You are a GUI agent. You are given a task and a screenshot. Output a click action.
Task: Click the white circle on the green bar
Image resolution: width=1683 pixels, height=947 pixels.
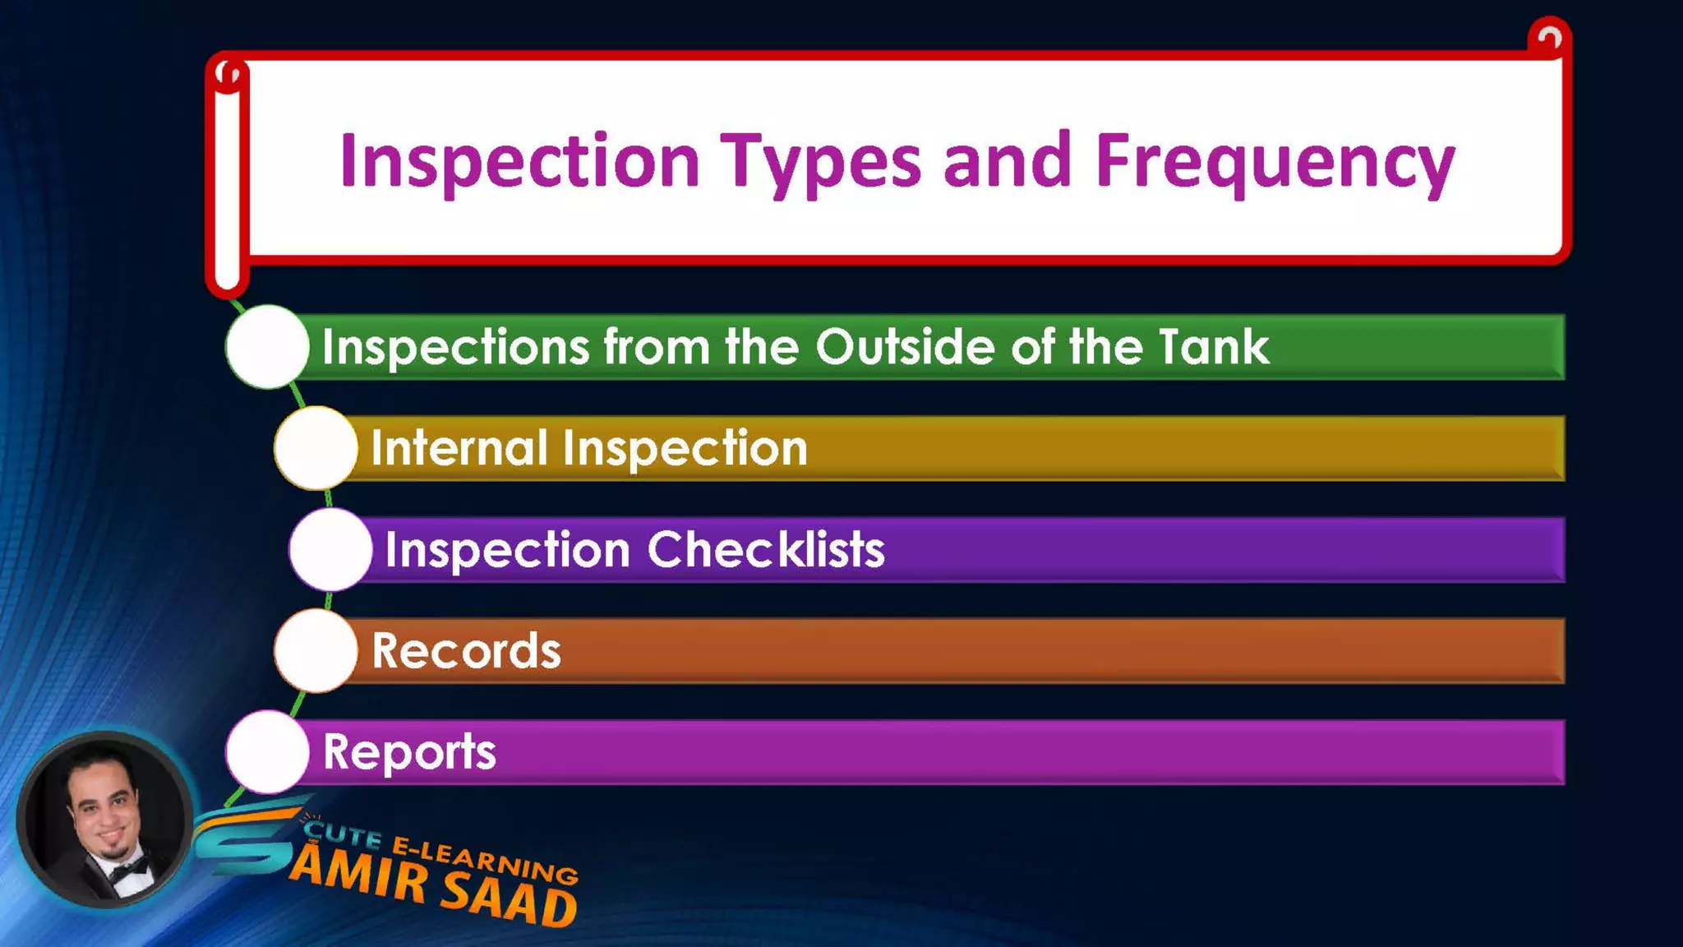(x=267, y=347)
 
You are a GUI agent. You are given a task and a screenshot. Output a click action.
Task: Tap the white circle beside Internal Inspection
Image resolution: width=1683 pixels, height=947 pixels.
(x=316, y=448)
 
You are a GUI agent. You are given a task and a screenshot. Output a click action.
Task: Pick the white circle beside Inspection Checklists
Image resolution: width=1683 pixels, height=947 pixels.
(x=330, y=549)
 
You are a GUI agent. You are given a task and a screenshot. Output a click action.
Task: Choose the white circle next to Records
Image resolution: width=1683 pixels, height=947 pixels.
(x=316, y=650)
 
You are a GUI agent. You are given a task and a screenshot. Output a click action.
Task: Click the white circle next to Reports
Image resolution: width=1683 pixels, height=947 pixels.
(x=267, y=751)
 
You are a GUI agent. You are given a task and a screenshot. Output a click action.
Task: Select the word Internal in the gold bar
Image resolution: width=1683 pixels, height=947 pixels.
(x=459, y=448)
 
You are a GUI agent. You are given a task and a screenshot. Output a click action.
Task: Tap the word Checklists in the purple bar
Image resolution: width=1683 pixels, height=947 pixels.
(x=766, y=549)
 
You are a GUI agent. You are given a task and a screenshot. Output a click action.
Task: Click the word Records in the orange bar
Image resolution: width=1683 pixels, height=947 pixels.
(x=466, y=650)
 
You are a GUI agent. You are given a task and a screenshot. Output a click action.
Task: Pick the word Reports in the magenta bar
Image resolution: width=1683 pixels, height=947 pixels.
(x=409, y=751)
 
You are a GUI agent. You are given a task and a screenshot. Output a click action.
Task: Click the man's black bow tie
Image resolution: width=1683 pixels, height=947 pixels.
(x=127, y=868)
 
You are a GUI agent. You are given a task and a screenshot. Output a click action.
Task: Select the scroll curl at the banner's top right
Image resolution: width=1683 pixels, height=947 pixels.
(x=1549, y=37)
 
